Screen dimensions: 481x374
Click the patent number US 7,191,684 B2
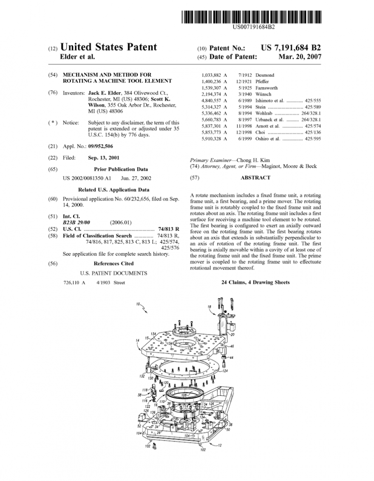pyautogui.click(x=291, y=48)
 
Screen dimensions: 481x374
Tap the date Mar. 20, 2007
pyautogui.click(x=300, y=56)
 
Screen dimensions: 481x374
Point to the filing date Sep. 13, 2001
pyautogui.click(x=104, y=158)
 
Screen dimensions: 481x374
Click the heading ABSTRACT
pyautogui.click(x=255, y=178)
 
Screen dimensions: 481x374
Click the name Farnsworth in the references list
pyautogui.click(x=266, y=88)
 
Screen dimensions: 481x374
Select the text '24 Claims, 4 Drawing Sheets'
pyautogui.click(x=255, y=282)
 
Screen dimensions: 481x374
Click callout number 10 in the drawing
pyautogui.click(x=138, y=304)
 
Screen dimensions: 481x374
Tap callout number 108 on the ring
pyautogui.click(x=184, y=395)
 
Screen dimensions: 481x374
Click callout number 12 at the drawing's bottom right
pyautogui.click(x=220, y=445)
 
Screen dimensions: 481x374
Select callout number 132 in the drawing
pyautogui.click(x=142, y=376)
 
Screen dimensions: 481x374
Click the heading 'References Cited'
pyautogui.click(x=113, y=264)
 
